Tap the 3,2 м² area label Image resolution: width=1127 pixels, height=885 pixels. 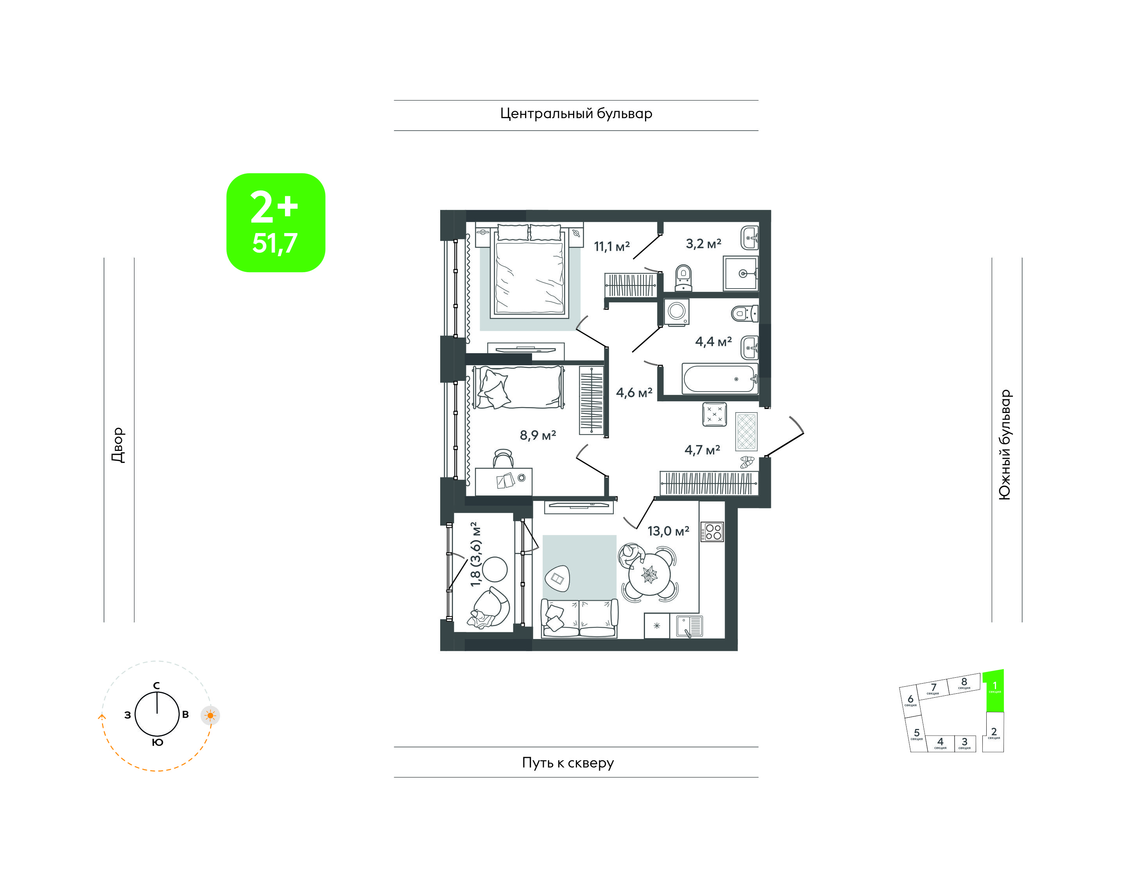[x=703, y=244]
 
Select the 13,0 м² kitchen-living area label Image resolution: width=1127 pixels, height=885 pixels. [x=668, y=531]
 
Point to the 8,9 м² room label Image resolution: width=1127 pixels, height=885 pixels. [x=538, y=435]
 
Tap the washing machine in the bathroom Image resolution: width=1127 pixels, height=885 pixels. [x=676, y=311]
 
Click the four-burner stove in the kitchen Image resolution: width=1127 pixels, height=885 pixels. [x=712, y=531]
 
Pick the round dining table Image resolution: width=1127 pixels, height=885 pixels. [x=649, y=574]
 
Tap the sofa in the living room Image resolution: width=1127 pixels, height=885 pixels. [x=579, y=618]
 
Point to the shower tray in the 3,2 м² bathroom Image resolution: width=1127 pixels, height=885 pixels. [x=741, y=273]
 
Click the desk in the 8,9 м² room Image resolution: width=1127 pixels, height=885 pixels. [x=503, y=482]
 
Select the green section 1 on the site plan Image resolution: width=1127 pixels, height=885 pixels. [x=994, y=691]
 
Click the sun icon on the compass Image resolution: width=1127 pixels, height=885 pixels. [x=210, y=716]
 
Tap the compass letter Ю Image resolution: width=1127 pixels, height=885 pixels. [x=158, y=743]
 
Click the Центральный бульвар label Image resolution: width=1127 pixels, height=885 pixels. [x=576, y=114]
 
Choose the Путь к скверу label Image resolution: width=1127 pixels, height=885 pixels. [x=568, y=763]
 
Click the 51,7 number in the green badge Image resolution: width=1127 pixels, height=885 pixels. [x=275, y=243]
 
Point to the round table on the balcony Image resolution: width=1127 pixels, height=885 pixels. [x=494, y=569]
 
